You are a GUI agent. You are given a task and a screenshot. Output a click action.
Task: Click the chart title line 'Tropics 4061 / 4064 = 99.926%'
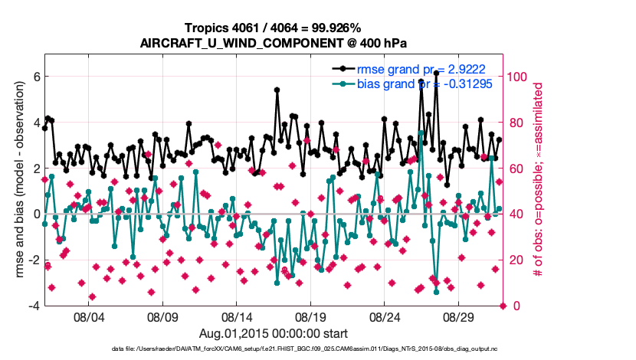(274, 28)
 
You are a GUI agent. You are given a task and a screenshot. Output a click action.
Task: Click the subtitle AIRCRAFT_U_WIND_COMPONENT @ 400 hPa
(274, 43)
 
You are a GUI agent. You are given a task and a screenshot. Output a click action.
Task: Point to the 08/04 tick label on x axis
(87, 316)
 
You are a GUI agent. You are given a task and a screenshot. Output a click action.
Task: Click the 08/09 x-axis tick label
(162, 316)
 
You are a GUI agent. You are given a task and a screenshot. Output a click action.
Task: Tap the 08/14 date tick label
(237, 316)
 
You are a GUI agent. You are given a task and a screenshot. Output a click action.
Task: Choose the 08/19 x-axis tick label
(312, 316)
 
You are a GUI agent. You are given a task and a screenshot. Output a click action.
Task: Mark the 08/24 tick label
(386, 316)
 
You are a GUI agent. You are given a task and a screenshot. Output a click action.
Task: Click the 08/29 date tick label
(461, 316)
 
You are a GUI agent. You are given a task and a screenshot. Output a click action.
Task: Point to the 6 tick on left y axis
(35, 77)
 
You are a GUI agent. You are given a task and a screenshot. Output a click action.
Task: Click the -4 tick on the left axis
(33, 306)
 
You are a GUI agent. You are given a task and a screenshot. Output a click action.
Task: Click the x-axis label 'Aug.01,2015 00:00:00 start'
(274, 333)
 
